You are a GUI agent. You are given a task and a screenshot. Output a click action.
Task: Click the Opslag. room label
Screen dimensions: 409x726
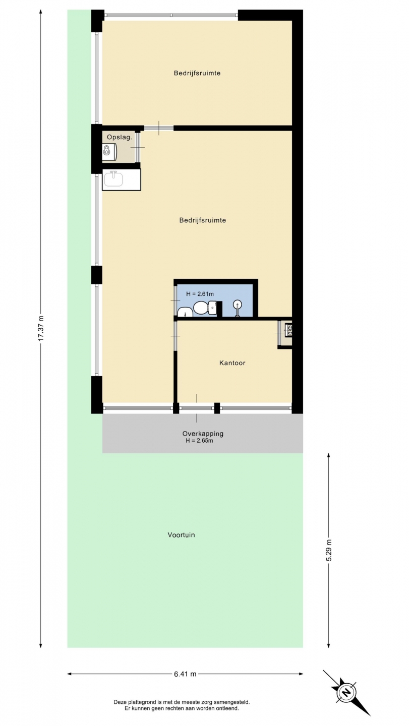point(119,137)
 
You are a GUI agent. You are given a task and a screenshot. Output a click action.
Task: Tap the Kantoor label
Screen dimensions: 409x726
point(232,362)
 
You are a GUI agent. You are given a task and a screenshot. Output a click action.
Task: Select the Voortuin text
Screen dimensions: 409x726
point(181,535)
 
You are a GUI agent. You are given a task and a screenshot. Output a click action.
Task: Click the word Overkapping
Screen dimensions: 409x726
point(203,434)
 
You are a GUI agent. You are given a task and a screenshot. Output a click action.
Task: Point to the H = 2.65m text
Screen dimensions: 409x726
point(199,441)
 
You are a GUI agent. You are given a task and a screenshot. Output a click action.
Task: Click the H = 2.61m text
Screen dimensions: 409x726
point(200,294)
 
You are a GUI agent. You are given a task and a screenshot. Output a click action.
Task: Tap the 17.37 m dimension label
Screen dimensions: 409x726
point(40,328)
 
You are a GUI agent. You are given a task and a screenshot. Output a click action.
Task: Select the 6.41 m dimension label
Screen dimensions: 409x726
point(185,674)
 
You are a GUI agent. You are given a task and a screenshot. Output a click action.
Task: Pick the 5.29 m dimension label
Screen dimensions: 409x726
point(329,551)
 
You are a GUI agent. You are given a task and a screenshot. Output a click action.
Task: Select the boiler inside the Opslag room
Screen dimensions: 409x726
point(108,152)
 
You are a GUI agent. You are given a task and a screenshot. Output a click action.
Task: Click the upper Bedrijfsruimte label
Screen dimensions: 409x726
point(197,73)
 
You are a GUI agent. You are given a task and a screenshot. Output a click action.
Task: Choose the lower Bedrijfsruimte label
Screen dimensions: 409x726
point(203,220)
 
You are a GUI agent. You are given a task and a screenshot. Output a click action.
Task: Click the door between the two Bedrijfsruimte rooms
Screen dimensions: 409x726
point(159,128)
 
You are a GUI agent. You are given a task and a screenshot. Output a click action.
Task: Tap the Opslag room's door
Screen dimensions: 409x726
point(138,147)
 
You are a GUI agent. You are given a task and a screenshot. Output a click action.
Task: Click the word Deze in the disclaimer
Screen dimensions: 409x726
point(119,702)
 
